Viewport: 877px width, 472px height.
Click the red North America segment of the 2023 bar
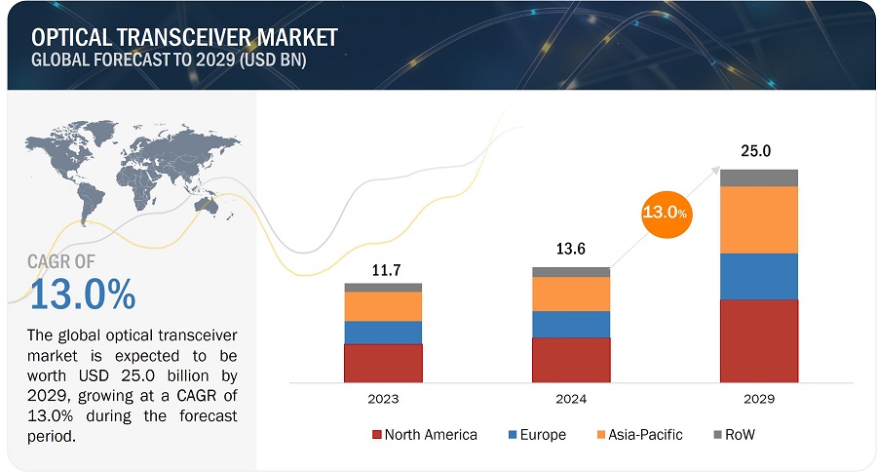[x=383, y=362]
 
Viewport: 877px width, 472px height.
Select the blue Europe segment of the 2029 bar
[x=759, y=276]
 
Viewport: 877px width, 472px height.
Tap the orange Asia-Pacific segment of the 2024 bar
[x=571, y=294]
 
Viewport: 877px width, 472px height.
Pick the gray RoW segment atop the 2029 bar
[x=759, y=177]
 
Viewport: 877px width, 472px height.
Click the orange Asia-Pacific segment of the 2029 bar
[x=759, y=219]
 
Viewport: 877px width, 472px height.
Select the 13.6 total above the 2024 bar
[x=571, y=251]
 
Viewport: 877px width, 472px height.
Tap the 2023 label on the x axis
[x=383, y=400]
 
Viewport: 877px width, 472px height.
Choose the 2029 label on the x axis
[x=759, y=400]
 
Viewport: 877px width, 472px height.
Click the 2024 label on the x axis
[x=571, y=400]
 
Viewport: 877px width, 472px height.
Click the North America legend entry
[x=425, y=435]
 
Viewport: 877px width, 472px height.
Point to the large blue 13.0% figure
[x=83, y=294]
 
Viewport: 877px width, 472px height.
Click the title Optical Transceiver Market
[x=185, y=37]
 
